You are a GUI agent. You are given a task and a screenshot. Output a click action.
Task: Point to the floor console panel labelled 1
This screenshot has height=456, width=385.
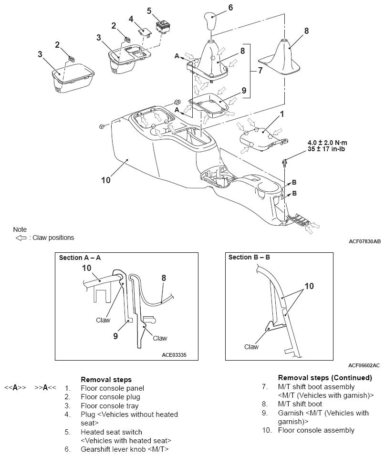[262, 138]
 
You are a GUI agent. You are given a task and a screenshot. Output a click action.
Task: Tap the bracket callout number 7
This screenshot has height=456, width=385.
[260, 70]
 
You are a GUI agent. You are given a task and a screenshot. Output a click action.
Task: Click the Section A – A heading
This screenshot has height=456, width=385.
[80, 258]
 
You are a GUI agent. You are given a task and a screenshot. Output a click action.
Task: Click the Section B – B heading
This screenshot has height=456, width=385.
[250, 257]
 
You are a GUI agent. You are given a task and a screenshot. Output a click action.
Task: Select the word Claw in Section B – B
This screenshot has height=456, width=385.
[251, 347]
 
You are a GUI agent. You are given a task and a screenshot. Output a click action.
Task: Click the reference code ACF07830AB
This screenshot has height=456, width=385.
[364, 241]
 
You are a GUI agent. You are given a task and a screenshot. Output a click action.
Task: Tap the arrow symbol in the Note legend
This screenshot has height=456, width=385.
[21, 238]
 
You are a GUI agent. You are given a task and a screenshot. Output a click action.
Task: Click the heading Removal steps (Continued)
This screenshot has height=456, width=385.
[325, 377]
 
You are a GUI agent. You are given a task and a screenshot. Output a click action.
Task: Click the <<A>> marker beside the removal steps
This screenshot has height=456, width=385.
[15, 388]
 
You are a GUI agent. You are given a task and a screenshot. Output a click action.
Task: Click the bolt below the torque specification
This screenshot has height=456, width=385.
[284, 162]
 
